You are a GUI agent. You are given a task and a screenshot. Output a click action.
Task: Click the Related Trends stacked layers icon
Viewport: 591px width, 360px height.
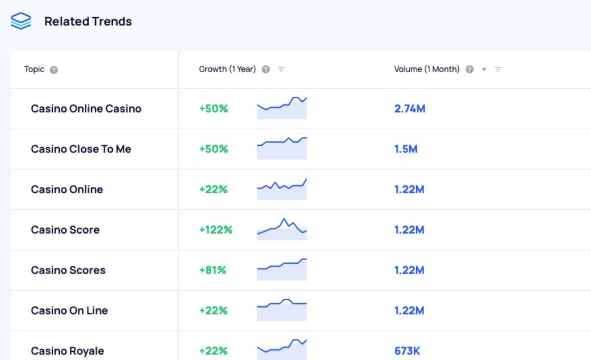21,21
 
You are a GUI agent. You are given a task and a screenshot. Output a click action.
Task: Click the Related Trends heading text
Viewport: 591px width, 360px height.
88,21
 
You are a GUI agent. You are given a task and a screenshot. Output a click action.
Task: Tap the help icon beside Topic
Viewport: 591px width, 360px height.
54,70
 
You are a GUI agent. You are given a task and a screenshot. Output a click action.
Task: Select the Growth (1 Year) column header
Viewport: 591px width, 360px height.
227,69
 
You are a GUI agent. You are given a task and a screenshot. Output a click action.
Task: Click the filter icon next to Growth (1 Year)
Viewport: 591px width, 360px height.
281,70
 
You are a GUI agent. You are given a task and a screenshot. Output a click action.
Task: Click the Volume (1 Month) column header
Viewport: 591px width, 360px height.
427,69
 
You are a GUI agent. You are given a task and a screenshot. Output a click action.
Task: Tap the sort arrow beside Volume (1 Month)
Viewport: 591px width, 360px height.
484,70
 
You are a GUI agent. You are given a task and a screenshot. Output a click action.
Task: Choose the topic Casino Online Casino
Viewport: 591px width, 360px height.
86,108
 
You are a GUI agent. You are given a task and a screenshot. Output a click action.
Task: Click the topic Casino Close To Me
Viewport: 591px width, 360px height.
81,149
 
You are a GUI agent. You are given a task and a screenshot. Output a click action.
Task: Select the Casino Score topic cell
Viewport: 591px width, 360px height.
65,230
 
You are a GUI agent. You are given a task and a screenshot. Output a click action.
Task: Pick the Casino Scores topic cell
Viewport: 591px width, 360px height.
68,270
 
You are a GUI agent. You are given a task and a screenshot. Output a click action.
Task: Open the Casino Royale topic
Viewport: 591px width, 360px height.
68,351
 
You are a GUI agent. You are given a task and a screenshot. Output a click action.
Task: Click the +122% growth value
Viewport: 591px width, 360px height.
216,230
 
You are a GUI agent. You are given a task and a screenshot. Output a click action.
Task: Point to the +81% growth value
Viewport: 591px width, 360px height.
213,270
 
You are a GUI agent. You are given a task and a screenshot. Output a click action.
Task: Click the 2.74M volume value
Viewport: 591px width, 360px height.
410,108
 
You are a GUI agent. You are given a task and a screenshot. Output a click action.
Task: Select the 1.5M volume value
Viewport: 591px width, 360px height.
406,149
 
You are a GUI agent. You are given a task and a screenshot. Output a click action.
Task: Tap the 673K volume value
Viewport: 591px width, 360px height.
407,351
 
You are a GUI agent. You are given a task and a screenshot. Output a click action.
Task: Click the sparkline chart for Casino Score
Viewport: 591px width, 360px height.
282,228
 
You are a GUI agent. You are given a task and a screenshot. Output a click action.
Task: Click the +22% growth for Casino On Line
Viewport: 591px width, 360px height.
213,310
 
